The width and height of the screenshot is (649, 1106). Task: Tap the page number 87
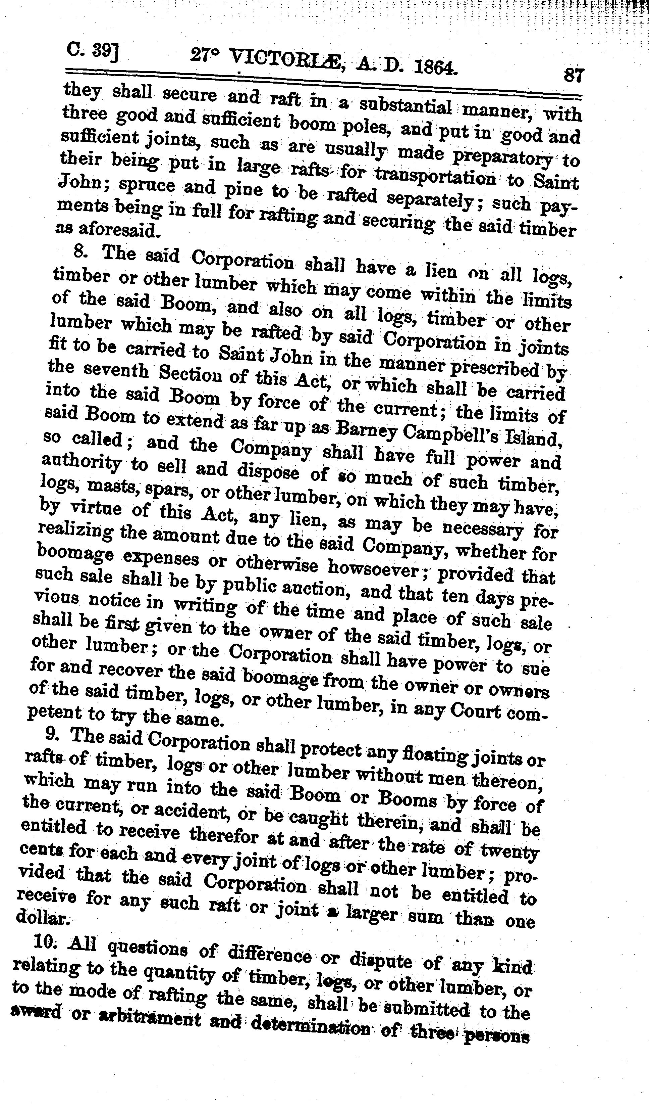(x=573, y=75)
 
